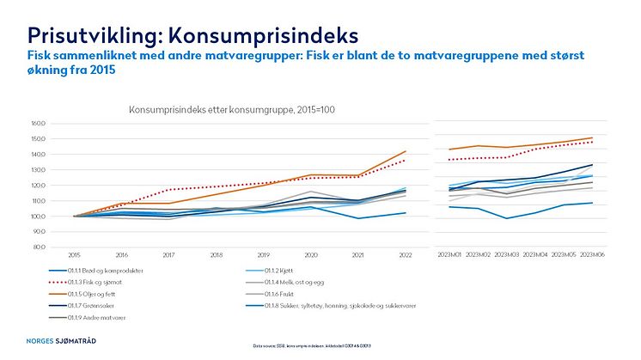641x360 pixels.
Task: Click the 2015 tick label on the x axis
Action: pyautogui.click(x=74, y=255)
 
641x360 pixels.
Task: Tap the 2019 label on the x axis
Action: pyautogui.click(x=263, y=255)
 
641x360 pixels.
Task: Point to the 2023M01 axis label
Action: pyautogui.click(x=449, y=255)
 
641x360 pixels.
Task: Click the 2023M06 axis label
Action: pyautogui.click(x=592, y=255)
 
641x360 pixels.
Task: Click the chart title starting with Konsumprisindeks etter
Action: pyautogui.click(x=219, y=110)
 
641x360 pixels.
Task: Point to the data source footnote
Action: pyautogui.click(x=320, y=346)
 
